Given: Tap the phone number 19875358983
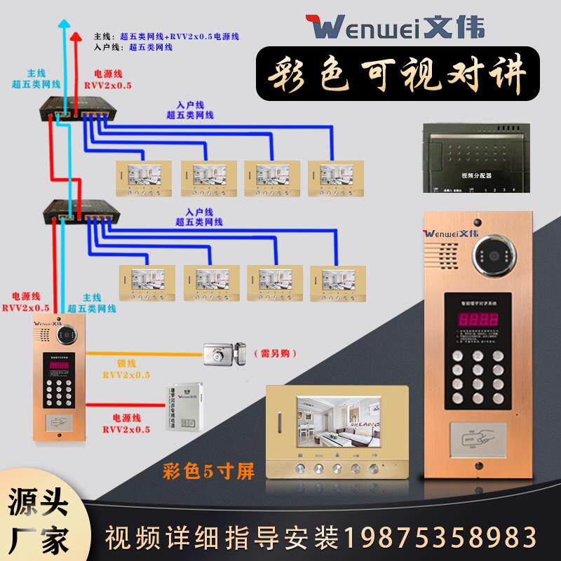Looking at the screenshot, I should click(x=448, y=539).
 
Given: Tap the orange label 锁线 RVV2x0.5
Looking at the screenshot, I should click(x=126, y=370).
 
